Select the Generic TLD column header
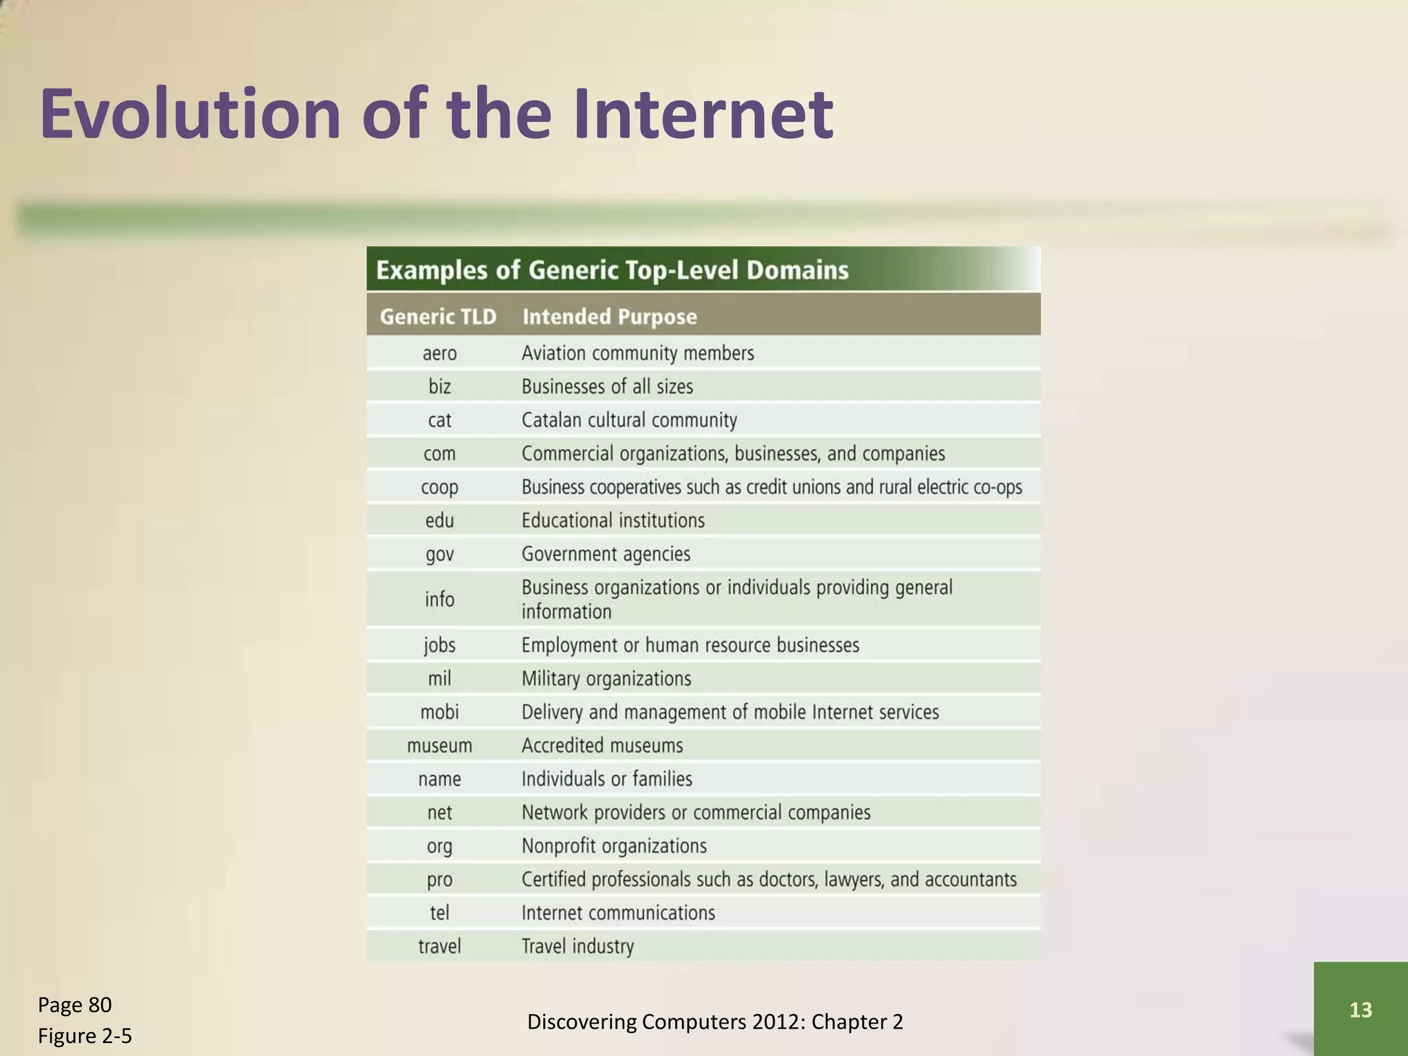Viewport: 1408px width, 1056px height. coord(438,317)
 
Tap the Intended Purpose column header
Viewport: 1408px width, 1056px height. coord(609,317)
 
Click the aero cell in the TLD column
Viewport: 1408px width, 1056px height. coord(439,353)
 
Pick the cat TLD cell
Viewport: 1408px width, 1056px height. coord(439,420)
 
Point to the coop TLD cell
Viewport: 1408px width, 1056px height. coord(439,487)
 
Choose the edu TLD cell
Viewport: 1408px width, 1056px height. coord(439,520)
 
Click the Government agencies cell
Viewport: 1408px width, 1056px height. coord(606,554)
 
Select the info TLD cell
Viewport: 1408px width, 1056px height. coord(439,599)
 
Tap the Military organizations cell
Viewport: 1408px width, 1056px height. coord(606,679)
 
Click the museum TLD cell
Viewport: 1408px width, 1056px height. coord(439,746)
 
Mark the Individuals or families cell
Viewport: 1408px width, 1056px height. coord(606,779)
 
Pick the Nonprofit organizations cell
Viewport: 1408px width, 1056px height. coord(614,846)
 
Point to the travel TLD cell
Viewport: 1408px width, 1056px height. coord(439,947)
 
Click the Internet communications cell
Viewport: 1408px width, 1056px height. coord(618,913)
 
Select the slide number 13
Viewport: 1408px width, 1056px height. coord(1361,1009)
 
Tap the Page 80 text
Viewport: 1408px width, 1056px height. coord(74,1005)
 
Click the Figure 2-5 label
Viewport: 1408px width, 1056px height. coord(85,1036)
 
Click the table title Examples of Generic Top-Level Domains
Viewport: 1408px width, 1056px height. coord(612,270)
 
